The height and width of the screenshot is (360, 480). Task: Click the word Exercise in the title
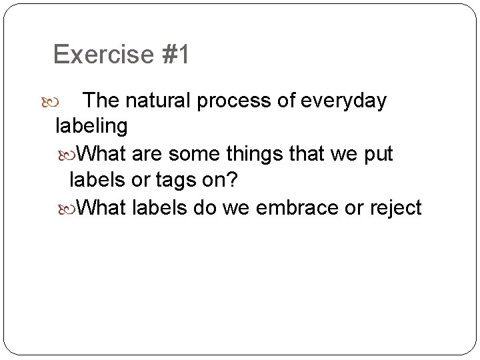tap(104, 55)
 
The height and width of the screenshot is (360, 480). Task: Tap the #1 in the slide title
tap(175, 55)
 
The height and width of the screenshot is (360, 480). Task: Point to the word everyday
tap(344, 101)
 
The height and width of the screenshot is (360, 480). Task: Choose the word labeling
tap(91, 125)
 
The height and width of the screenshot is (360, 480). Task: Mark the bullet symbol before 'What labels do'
tap(72, 209)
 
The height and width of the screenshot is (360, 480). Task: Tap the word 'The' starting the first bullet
tap(102, 101)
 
